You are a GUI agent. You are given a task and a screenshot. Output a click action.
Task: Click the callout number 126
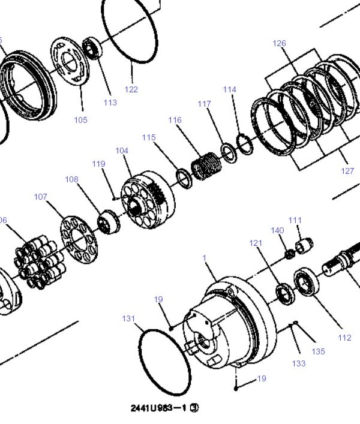(x=279, y=43)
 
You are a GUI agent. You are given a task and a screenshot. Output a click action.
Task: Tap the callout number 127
(x=347, y=171)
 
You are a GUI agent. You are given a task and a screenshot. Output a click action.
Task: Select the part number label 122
(x=131, y=89)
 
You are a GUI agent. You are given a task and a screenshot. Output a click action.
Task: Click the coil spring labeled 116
(x=206, y=166)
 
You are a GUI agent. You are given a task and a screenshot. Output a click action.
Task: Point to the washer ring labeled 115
(x=184, y=179)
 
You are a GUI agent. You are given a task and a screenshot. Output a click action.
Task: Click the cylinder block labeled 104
(x=148, y=200)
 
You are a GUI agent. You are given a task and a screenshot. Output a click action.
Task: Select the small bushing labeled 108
(x=109, y=222)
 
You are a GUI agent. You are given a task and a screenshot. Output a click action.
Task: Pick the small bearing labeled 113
(x=92, y=49)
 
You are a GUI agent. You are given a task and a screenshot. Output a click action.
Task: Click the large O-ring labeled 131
(x=165, y=362)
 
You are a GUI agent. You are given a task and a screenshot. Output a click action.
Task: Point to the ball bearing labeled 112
(x=307, y=282)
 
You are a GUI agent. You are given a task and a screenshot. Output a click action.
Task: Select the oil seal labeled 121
(x=286, y=294)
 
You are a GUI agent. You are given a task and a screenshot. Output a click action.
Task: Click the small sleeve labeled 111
(x=304, y=246)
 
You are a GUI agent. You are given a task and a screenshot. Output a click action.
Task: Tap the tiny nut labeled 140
(x=290, y=254)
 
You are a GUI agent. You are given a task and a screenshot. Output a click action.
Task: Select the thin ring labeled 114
(x=245, y=144)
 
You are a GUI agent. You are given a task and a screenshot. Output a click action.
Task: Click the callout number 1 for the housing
(x=205, y=258)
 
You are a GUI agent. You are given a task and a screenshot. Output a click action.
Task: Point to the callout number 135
(x=318, y=351)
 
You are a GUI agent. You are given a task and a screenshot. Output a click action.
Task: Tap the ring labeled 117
(x=229, y=154)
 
